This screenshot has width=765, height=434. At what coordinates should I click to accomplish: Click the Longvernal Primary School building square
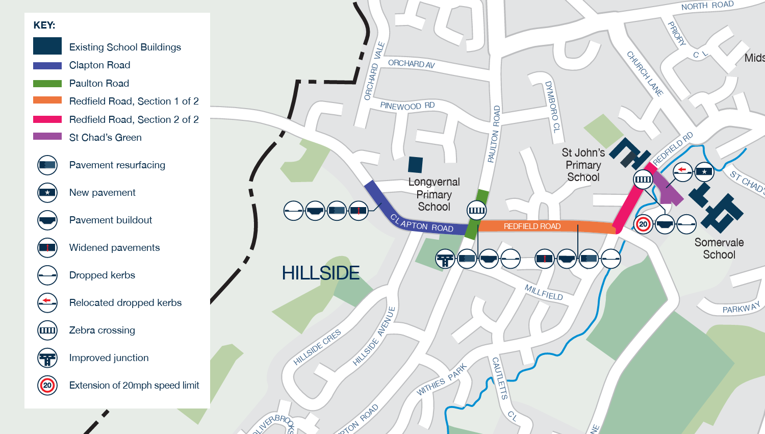415,165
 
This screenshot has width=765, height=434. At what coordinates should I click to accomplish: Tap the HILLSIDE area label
321,273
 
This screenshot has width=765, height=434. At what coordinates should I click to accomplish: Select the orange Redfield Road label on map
532,226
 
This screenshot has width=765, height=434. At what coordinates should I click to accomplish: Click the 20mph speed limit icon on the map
643,224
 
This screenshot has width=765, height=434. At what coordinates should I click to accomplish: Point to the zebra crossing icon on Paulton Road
476,210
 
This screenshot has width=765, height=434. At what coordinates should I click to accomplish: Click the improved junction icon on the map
445,259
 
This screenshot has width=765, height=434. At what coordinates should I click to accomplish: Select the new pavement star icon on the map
704,171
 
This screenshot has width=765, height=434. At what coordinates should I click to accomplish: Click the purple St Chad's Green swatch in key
47,137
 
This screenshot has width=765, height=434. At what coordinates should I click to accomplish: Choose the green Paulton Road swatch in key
47,83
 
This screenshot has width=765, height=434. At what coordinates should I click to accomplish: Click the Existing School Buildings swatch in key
47,46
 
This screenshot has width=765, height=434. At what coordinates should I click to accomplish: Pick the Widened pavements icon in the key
47,248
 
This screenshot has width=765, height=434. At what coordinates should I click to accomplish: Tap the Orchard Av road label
411,64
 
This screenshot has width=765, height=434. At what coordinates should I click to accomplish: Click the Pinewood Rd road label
407,106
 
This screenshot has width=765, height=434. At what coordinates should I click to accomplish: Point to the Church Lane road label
645,74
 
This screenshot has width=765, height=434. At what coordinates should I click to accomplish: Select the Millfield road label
544,292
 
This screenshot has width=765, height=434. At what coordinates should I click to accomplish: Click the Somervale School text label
719,248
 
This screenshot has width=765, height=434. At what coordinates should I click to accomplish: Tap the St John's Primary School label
583,165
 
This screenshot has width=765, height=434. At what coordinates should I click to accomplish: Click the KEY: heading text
44,25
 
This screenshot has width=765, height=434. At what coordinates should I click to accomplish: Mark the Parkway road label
741,308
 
